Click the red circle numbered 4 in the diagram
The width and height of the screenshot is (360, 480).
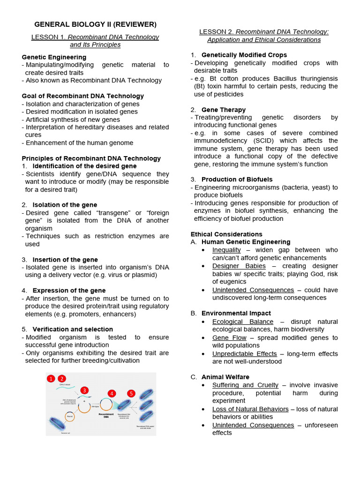pos(112,393)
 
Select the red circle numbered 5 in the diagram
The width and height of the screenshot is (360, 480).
pos(131,393)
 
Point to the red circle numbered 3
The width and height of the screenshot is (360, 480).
pos(84,390)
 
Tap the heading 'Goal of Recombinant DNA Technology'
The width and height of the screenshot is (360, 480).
pos(82,96)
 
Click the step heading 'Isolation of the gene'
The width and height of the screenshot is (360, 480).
pos(65,204)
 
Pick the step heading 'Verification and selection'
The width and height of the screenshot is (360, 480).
pos(73,329)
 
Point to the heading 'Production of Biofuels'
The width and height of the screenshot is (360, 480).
pos(237,179)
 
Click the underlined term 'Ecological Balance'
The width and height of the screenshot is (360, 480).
pos(242,322)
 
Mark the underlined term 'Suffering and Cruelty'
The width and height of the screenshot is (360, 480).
pos(245,385)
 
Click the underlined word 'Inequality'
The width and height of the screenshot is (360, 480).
pos(226,250)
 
